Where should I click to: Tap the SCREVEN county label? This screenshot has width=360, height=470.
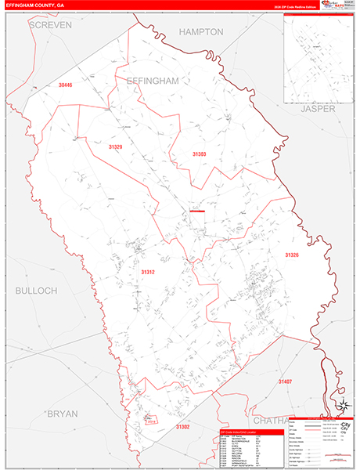[49, 25]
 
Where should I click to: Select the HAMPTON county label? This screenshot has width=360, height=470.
[201, 32]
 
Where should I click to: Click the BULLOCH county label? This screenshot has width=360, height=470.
[36, 291]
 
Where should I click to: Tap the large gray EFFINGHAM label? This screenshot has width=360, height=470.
[153, 81]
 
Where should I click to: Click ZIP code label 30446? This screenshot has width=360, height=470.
[64, 85]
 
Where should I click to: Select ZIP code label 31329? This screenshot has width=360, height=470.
[116, 146]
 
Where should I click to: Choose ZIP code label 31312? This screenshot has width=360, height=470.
[148, 272]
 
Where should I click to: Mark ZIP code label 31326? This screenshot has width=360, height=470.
[292, 255]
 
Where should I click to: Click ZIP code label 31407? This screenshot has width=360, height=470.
[285, 381]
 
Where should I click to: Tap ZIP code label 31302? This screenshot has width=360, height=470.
[182, 426]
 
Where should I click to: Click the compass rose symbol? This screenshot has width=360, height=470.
[341, 405]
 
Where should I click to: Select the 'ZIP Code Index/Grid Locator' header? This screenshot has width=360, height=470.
[243, 432]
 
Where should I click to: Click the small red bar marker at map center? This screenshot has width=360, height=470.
[196, 211]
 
